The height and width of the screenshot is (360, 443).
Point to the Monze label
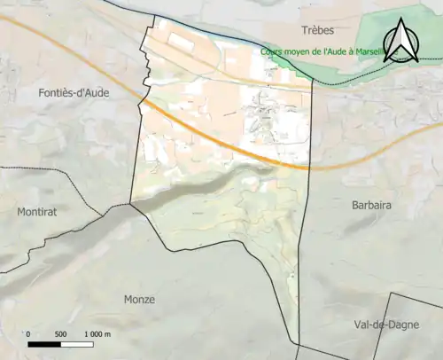139,300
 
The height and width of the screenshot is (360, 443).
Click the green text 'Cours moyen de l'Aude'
319,51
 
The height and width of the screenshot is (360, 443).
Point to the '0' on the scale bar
28,333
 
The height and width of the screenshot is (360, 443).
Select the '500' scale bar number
60,333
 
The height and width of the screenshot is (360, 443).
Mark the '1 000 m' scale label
97,333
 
